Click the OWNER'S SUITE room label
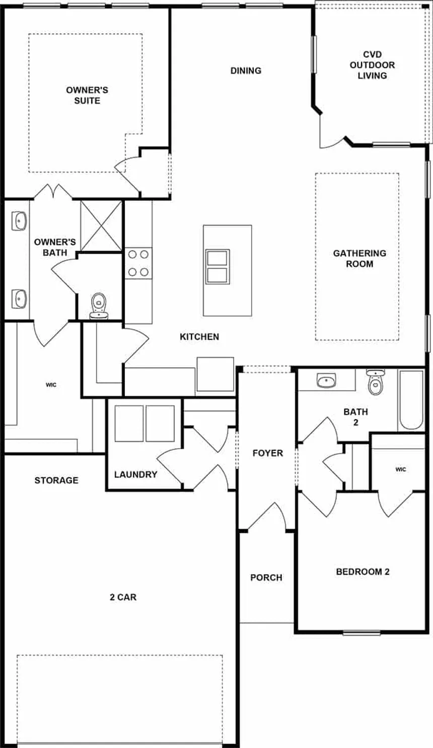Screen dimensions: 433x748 coord(87,96)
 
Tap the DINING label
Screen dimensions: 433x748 coord(246,71)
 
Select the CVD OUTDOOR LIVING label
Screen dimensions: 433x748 coord(372,65)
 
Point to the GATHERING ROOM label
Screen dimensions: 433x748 coord(359,258)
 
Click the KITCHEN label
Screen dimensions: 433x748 coord(199,337)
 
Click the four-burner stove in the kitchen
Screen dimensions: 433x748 coord(138,263)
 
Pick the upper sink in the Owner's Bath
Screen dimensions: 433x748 coord(19,221)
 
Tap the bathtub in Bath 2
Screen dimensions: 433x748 coord(411,400)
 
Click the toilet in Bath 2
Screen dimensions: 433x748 coord(376,382)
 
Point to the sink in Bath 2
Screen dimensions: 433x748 coord(326,380)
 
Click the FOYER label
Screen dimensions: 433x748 coord(268,453)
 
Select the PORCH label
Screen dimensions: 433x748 coord(266,577)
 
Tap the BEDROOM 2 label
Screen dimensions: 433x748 coord(363,572)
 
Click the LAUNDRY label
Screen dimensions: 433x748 coord(135,474)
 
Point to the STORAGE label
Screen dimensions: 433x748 coord(56,480)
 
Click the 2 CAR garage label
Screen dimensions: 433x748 coord(123,597)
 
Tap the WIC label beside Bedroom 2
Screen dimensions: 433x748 coord(401,469)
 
